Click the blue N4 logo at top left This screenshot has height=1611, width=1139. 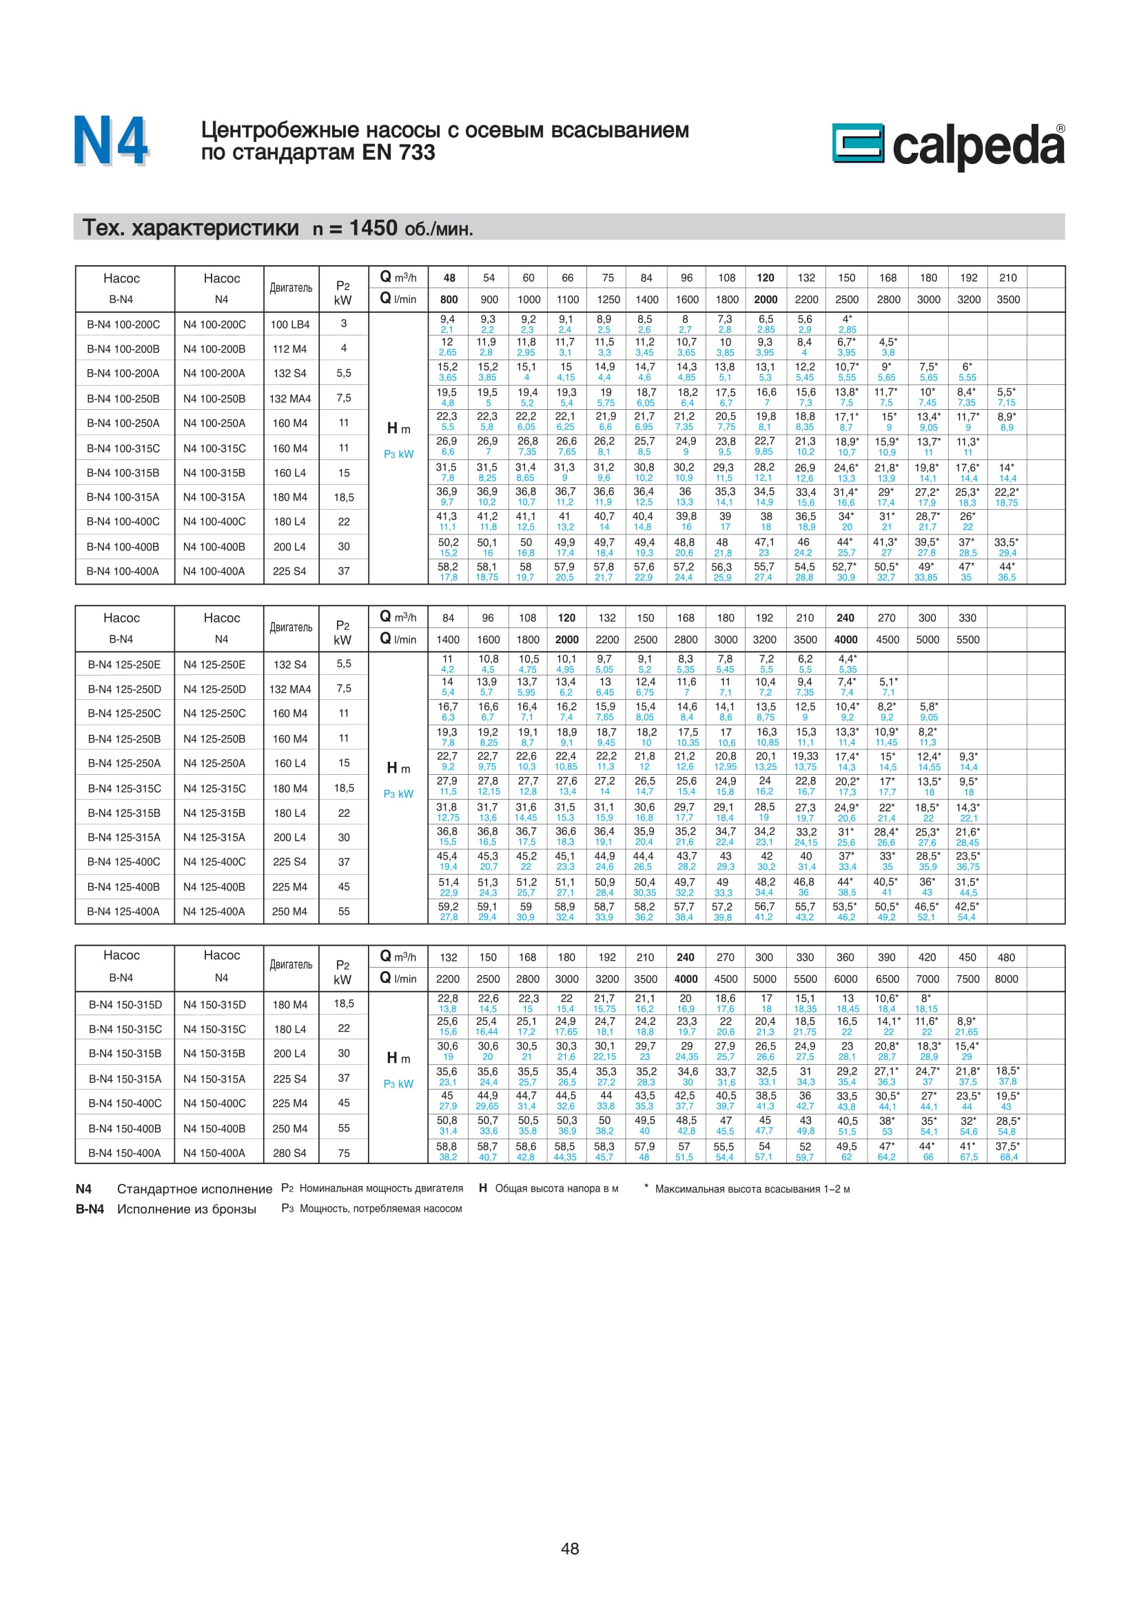pos(111,141)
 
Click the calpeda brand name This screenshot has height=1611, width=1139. pos(978,146)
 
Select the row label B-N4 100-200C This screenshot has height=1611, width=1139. pos(123,324)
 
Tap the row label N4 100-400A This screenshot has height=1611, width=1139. pos(214,571)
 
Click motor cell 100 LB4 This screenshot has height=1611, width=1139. pos(290,324)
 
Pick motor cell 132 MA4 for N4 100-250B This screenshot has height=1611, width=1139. pos(290,399)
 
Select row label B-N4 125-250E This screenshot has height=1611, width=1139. pos(123,665)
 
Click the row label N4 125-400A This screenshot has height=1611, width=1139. pos(214,911)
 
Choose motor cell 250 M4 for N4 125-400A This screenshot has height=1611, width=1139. pos(290,911)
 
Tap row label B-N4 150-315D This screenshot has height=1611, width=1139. pos(124,1005)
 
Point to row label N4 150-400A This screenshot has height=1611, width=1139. pos(214,1153)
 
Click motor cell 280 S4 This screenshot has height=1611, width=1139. pos(290,1153)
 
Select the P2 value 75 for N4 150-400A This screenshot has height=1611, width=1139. pos(344,1153)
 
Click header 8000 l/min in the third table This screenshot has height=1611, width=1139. pos(1007,979)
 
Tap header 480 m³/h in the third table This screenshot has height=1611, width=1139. pos(1007,957)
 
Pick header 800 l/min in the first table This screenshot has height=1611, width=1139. pos(449,300)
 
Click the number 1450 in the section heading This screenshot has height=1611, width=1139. pos(373,228)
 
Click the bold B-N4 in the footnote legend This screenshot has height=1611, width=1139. pos(90,1209)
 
